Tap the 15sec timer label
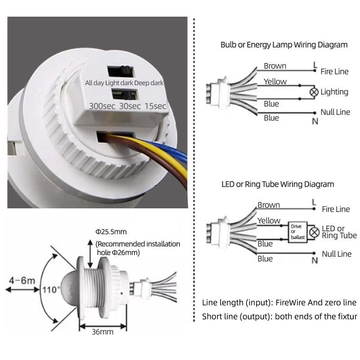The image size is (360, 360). pyautogui.click(x=155, y=106)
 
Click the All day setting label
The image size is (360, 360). pyautogui.click(x=94, y=83)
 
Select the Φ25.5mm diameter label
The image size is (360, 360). pyautogui.click(x=111, y=232)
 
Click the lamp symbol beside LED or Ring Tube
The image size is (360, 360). pyautogui.click(x=315, y=233)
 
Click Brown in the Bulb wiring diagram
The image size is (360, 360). pyautogui.click(x=274, y=66)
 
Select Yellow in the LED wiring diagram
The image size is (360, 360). pyautogui.click(x=269, y=220)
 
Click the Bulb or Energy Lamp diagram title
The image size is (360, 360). pyautogui.click(x=284, y=45)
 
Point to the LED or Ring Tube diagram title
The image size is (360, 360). pyautogui.click(x=278, y=184)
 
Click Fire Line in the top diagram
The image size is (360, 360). pyautogui.click(x=335, y=72)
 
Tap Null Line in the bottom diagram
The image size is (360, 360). pyautogui.click(x=337, y=254)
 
